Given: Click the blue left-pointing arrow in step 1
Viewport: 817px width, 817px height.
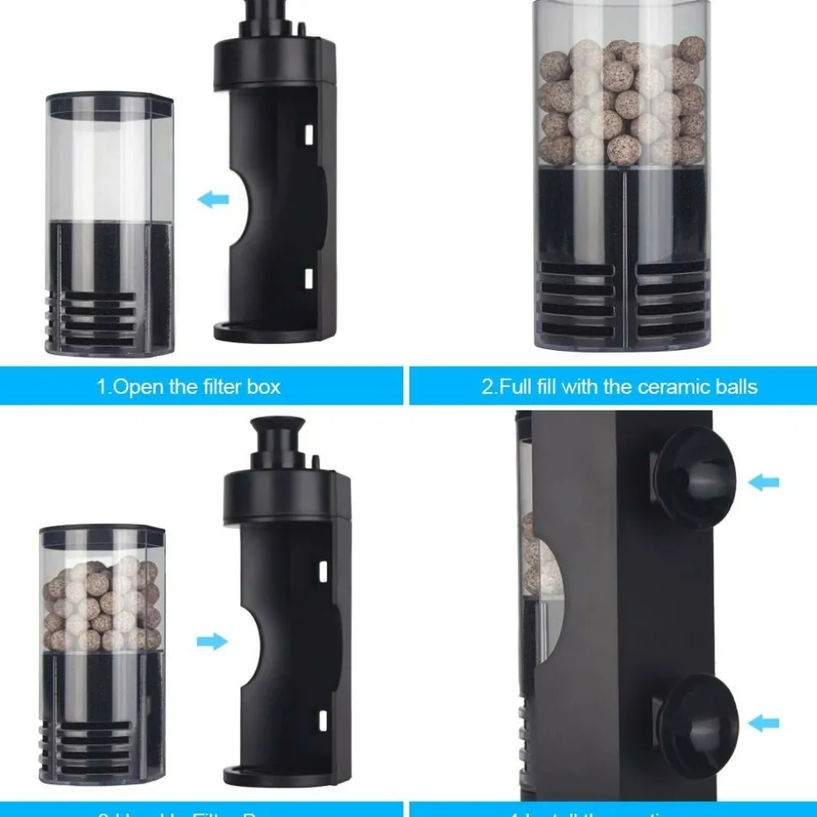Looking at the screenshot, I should click(213, 199).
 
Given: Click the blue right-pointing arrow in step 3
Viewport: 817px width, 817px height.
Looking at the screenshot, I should click(212, 641).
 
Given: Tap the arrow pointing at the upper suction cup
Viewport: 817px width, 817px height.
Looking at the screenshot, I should click(763, 482).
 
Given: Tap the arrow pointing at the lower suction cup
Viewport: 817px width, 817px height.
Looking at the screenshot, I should click(763, 722).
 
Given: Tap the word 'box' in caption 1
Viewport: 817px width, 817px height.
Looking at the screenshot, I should click(264, 387).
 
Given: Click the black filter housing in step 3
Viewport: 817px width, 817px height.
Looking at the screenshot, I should click(286, 623).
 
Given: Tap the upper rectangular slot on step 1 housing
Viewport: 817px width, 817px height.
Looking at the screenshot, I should click(308, 134).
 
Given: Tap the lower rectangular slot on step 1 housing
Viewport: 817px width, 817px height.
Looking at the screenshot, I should click(308, 277).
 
